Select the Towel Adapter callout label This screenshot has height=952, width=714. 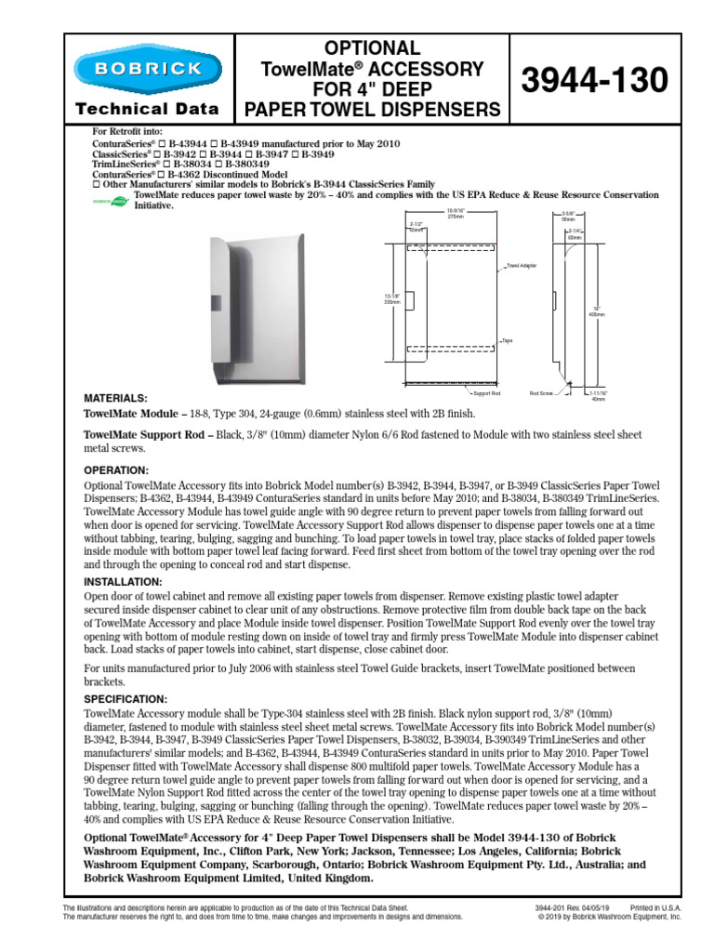point(518,265)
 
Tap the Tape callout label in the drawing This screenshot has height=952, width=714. point(507,341)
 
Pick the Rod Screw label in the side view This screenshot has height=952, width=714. point(541,394)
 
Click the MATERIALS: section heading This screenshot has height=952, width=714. point(116,397)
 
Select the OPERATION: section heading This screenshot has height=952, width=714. point(116,470)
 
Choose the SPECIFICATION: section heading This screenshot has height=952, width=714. point(126,698)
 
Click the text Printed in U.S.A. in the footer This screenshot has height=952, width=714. point(655,907)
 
